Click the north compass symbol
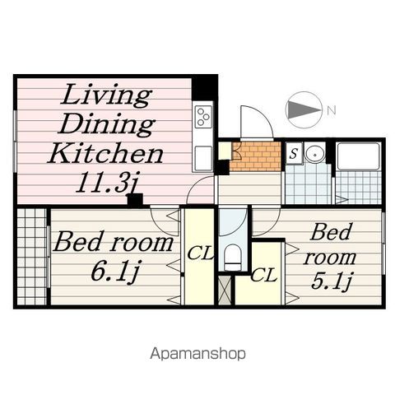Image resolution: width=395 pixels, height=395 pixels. pyautogui.click(x=304, y=109)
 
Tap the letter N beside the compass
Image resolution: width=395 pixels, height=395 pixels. pyautogui.click(x=330, y=109)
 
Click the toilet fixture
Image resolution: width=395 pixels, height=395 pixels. pyautogui.click(x=232, y=256)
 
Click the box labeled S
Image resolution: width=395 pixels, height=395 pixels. pyautogui.click(x=294, y=152)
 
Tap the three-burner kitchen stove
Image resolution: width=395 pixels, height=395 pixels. pyautogui.click(x=202, y=118)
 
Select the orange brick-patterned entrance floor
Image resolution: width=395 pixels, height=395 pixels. pyautogui.click(x=256, y=156)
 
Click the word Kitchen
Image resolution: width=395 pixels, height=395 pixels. pyautogui.click(x=105, y=153)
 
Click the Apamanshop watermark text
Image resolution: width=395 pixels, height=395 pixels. pyautogui.click(x=198, y=354)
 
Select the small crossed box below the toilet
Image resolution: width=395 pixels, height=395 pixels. pyautogui.click(x=226, y=290)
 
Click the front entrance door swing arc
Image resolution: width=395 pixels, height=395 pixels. pyautogui.click(x=255, y=123)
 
